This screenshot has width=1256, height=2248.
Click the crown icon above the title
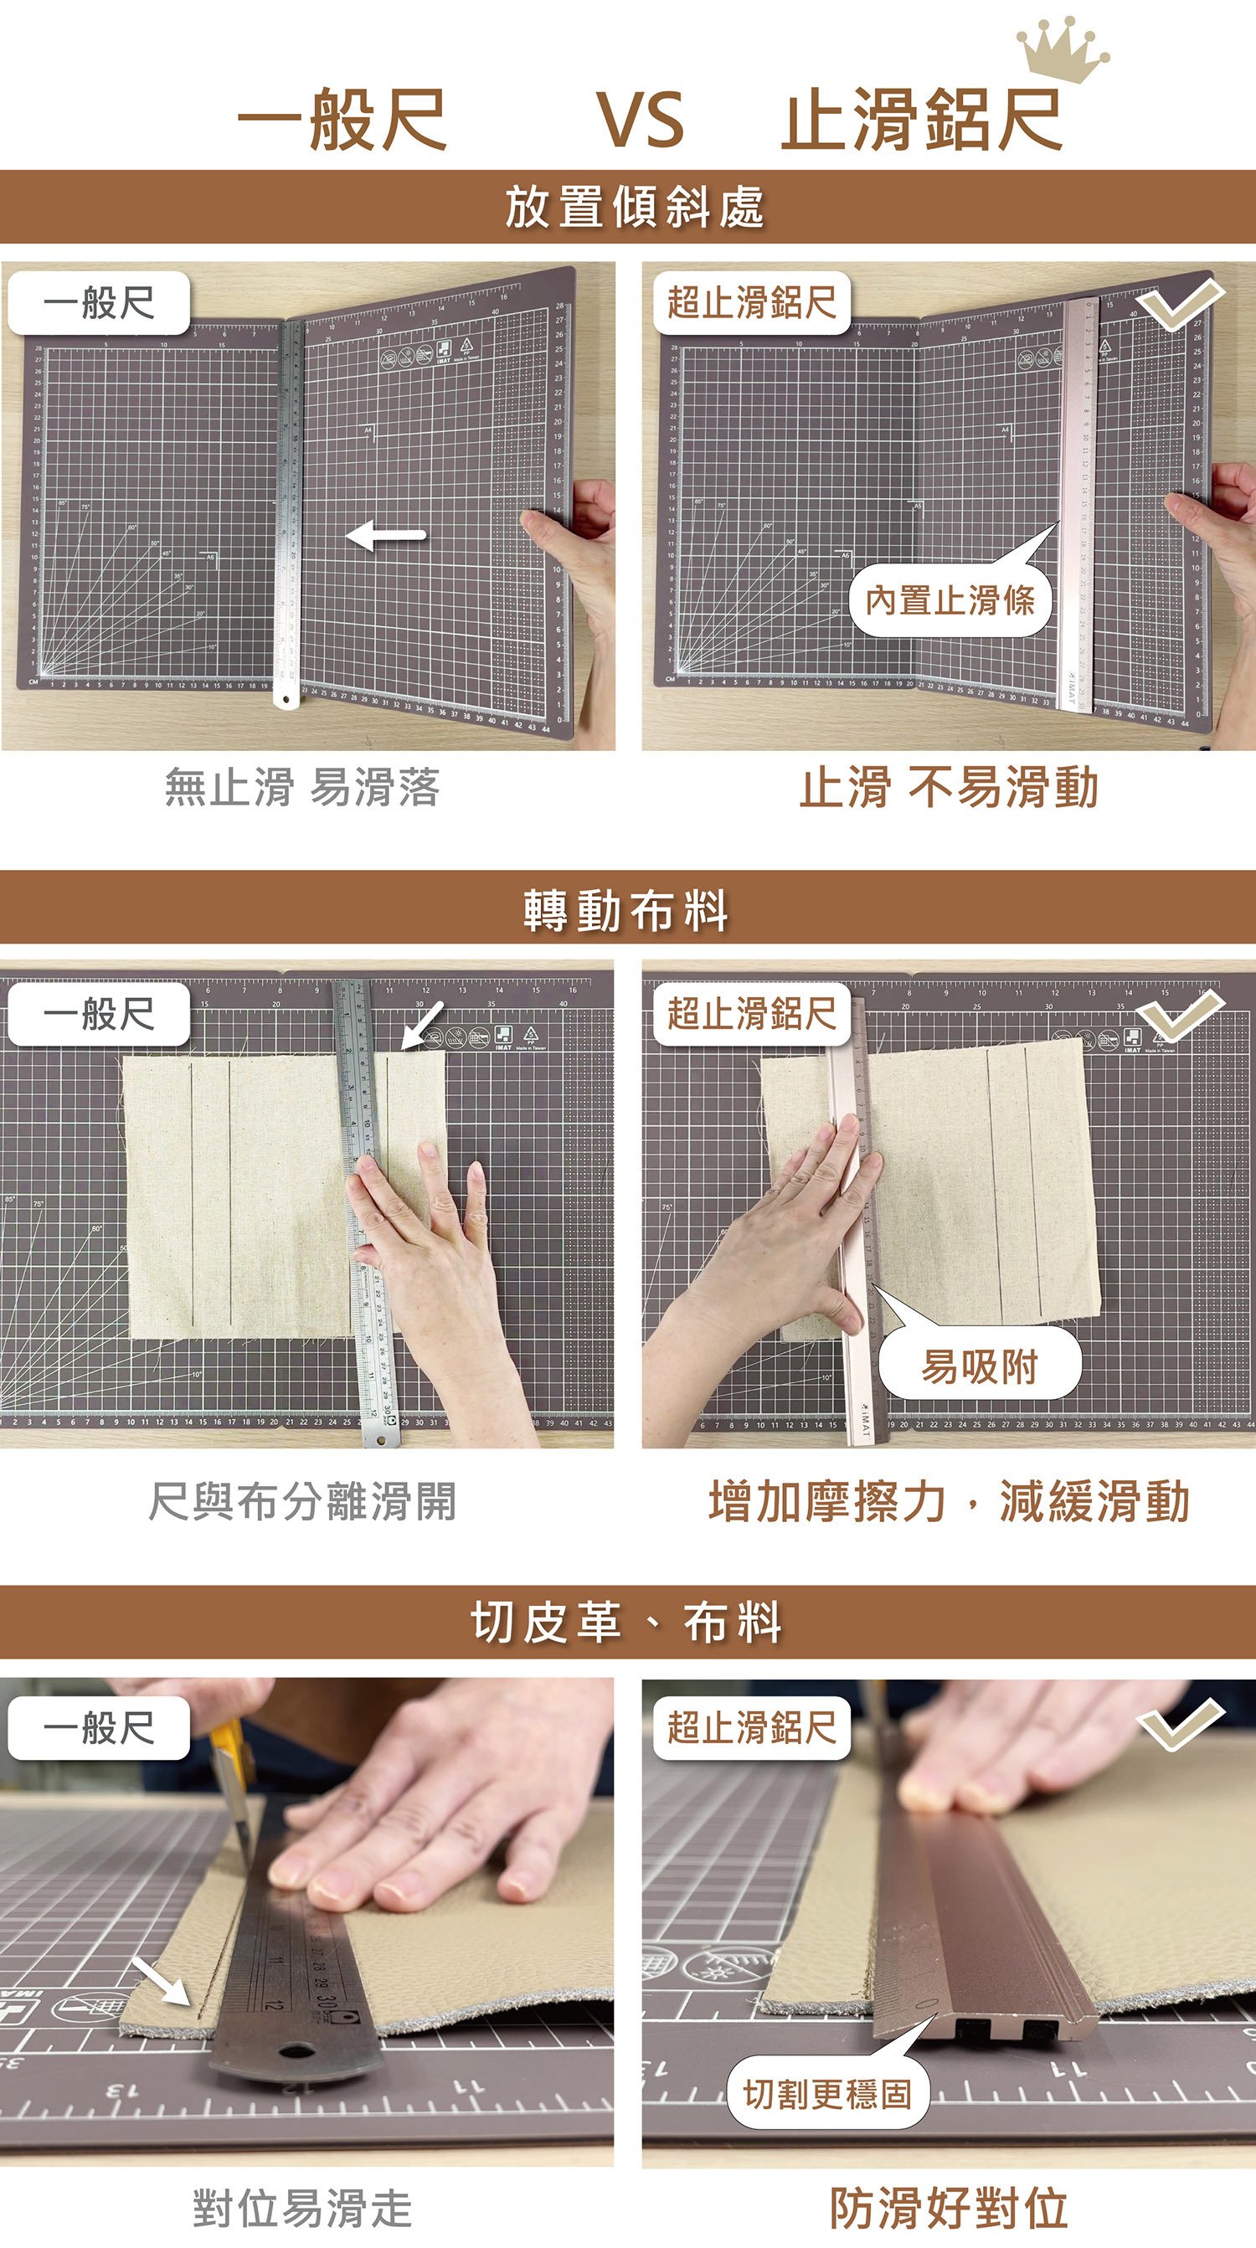[1062, 50]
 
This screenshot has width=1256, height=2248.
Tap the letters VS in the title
[641, 121]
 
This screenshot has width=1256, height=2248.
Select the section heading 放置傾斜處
[635, 208]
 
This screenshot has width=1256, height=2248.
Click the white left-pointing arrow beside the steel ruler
[386, 535]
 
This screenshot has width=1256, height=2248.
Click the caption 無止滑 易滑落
[302, 787]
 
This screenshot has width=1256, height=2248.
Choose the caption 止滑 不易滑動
[949, 787]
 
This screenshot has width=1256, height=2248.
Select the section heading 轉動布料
[626, 911]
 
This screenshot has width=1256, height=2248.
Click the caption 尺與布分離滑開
[302, 1501]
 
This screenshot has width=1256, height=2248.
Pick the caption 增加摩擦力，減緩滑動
[949, 1501]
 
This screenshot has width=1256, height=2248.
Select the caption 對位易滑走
[302, 2208]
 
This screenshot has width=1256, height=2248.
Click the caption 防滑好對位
[949, 2208]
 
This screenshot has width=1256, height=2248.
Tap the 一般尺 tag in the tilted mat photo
[99, 303]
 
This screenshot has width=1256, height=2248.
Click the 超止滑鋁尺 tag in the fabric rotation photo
[751, 1014]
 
